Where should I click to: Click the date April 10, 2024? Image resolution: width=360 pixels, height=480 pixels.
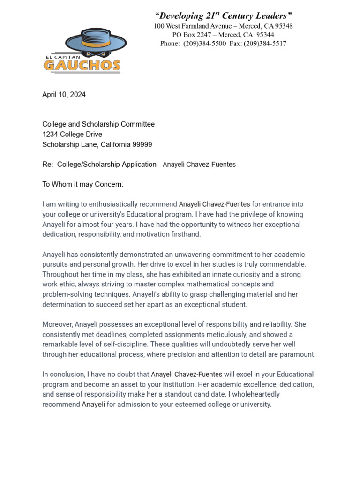[64, 95]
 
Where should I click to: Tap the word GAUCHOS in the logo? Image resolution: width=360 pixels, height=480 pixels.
[82, 65]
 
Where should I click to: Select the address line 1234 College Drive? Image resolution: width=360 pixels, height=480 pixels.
[72, 135]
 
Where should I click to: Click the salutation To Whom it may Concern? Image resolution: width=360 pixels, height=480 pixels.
[82, 184]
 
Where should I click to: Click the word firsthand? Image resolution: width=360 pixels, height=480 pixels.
[185, 234]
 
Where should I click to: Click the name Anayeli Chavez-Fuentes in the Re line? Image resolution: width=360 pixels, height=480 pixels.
[199, 165]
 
